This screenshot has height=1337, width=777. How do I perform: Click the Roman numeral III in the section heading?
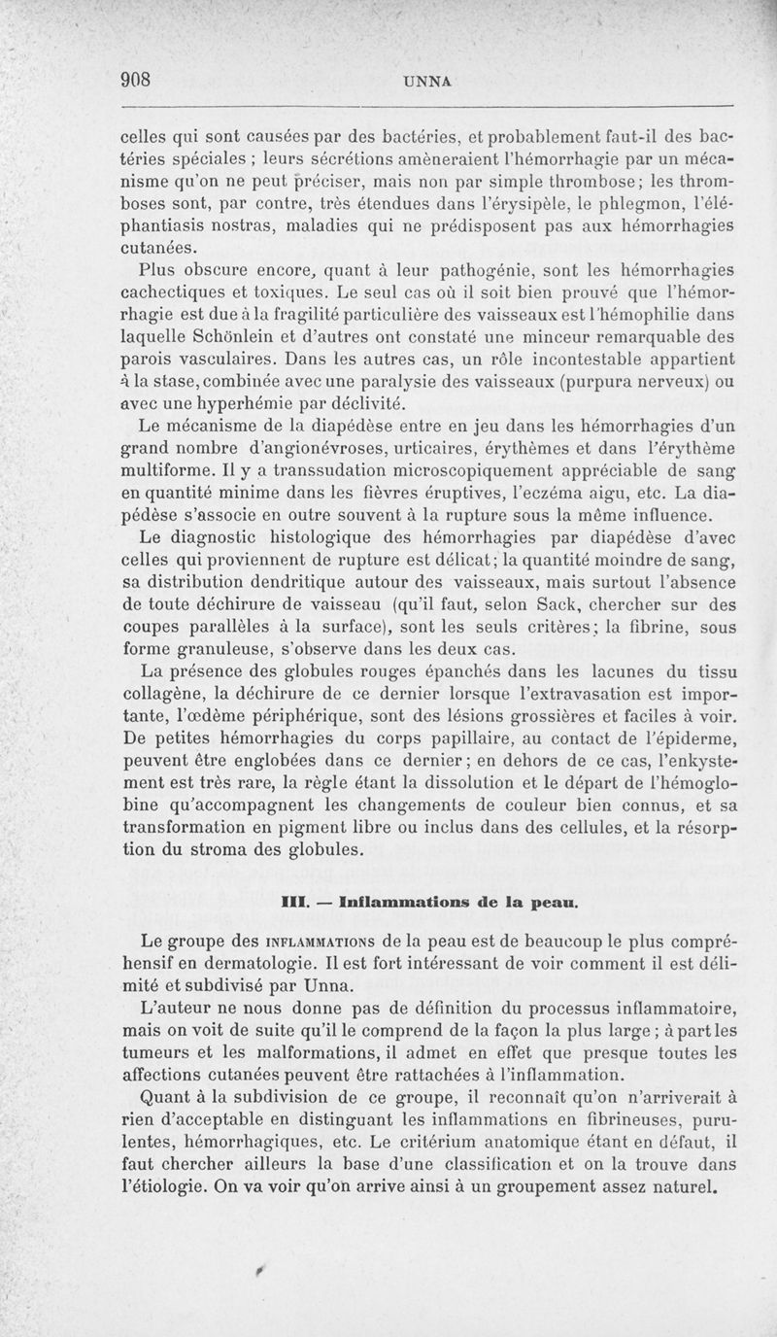coord(292,902)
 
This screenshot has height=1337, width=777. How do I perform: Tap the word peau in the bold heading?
coord(553,903)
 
